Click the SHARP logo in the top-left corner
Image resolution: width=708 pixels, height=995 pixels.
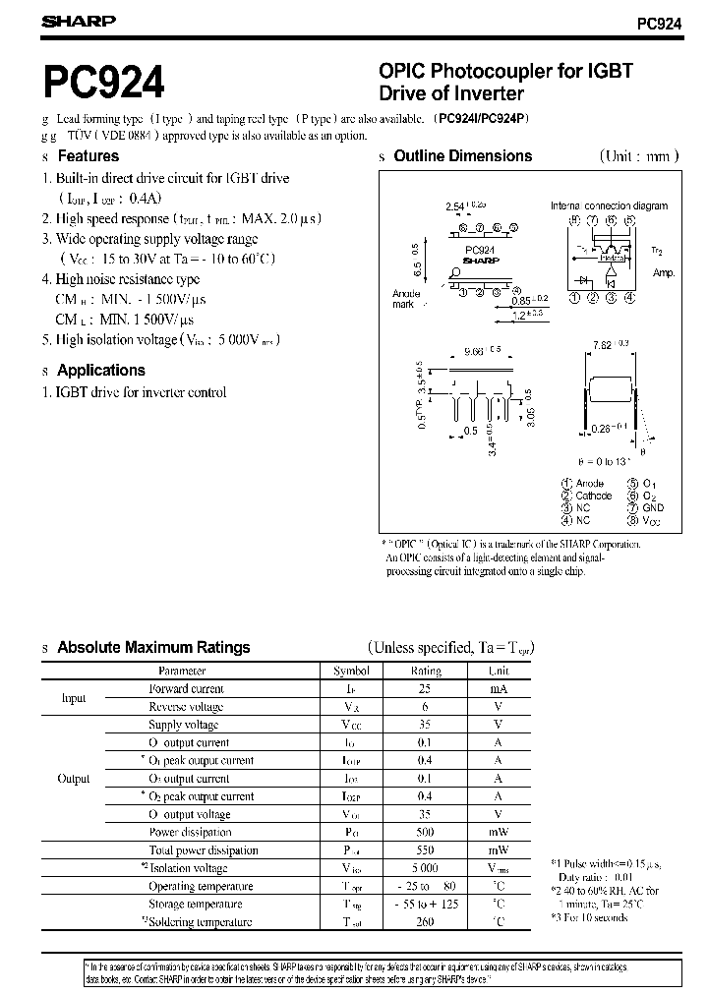78,20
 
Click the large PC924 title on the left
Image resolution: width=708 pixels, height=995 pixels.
103,85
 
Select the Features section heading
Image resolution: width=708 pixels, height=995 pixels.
88,156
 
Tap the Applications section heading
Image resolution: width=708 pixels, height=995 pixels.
100,371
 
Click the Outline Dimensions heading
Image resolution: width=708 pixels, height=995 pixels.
462,156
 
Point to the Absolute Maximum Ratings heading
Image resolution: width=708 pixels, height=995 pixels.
153,648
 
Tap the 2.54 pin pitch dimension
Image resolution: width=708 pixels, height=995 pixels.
454,207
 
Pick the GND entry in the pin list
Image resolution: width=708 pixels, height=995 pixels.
654,508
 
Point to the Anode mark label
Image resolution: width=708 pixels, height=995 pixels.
406,299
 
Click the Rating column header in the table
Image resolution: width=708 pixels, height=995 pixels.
425,671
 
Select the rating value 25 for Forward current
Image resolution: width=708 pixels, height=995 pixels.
425,689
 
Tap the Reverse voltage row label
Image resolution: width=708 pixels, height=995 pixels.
186,707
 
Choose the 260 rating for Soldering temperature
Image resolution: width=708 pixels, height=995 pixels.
425,922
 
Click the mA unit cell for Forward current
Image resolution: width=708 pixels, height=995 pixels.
499,689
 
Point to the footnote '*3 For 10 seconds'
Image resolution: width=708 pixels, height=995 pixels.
589,917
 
